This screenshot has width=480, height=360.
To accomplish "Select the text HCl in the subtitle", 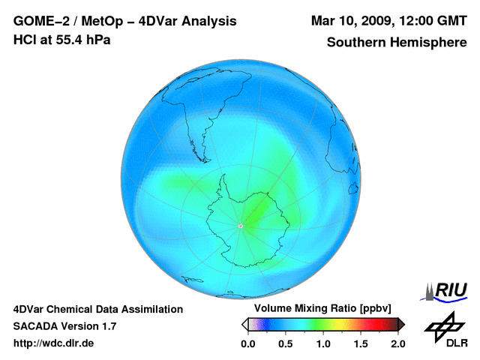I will [x=24, y=40].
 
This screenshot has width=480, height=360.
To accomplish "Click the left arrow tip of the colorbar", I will [x=244, y=324].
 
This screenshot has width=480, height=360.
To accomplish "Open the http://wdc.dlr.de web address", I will [x=53, y=343].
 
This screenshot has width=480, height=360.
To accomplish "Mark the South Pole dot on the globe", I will [x=241, y=226].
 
